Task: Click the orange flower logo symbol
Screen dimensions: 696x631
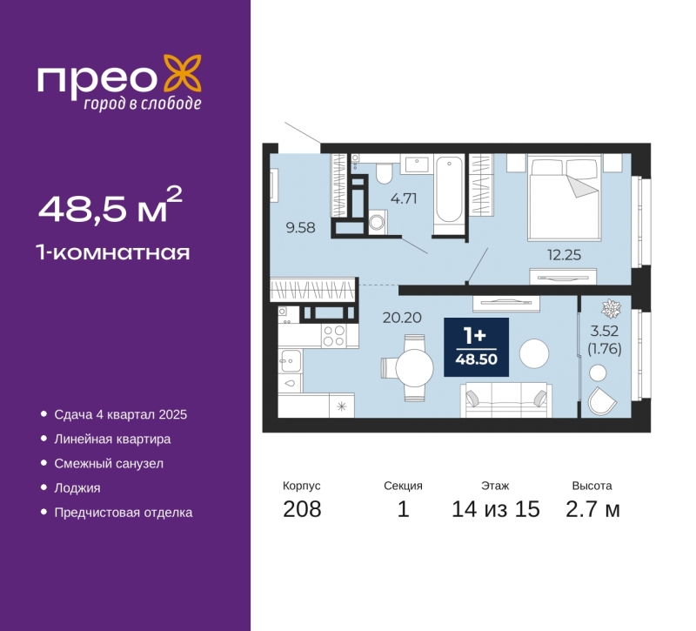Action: click(183, 73)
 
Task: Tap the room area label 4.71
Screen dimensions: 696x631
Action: click(404, 198)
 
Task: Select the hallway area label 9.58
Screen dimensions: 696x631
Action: click(300, 227)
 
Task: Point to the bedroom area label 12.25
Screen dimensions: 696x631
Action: click(564, 255)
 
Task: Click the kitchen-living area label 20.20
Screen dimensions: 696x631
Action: click(402, 318)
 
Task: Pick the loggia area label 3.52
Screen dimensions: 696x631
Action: click(604, 331)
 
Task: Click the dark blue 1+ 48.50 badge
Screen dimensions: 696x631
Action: click(476, 346)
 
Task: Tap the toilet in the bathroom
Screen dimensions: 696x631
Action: click(385, 172)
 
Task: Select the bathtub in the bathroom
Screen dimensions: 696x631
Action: click(449, 190)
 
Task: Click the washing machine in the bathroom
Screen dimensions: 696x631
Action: click(378, 222)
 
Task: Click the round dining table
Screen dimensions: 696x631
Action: click(414, 368)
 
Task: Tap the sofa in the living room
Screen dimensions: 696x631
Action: click(506, 400)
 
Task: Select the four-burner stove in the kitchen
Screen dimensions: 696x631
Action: click(334, 336)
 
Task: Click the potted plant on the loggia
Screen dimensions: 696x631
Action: click(612, 308)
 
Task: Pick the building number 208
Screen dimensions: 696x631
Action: click(302, 509)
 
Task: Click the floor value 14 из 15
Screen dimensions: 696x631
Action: click(495, 509)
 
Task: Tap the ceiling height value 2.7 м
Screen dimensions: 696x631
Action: click(592, 509)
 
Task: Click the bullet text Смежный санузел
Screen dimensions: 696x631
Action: click(109, 464)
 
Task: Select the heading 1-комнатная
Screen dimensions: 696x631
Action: click(114, 252)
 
